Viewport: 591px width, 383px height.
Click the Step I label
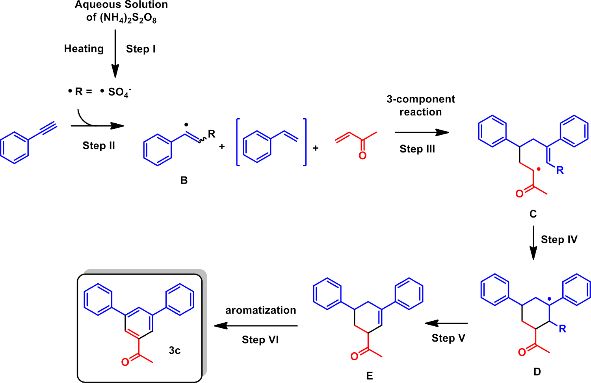point(141,49)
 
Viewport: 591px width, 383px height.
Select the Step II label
point(98,145)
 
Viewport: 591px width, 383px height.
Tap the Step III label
point(417,149)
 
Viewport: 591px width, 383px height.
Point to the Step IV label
point(559,239)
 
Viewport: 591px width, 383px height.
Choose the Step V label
point(448,338)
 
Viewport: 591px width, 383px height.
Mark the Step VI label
point(260,340)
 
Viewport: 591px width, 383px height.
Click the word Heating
point(84,48)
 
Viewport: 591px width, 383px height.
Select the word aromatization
point(260,310)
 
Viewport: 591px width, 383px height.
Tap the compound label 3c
point(175,350)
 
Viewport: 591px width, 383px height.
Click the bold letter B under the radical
point(184,180)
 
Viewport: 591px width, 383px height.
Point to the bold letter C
point(533,214)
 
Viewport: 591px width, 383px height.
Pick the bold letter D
point(537,372)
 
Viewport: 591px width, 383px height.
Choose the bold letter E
point(369,376)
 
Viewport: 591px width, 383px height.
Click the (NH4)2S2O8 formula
point(128,18)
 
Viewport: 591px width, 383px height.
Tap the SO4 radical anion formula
point(119,92)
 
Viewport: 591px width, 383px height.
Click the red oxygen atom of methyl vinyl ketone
point(362,156)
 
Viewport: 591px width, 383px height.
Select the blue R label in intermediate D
point(562,329)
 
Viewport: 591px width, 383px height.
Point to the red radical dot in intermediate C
point(539,169)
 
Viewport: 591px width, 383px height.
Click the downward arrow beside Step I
point(115,53)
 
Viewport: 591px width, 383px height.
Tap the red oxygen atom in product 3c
point(125,362)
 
